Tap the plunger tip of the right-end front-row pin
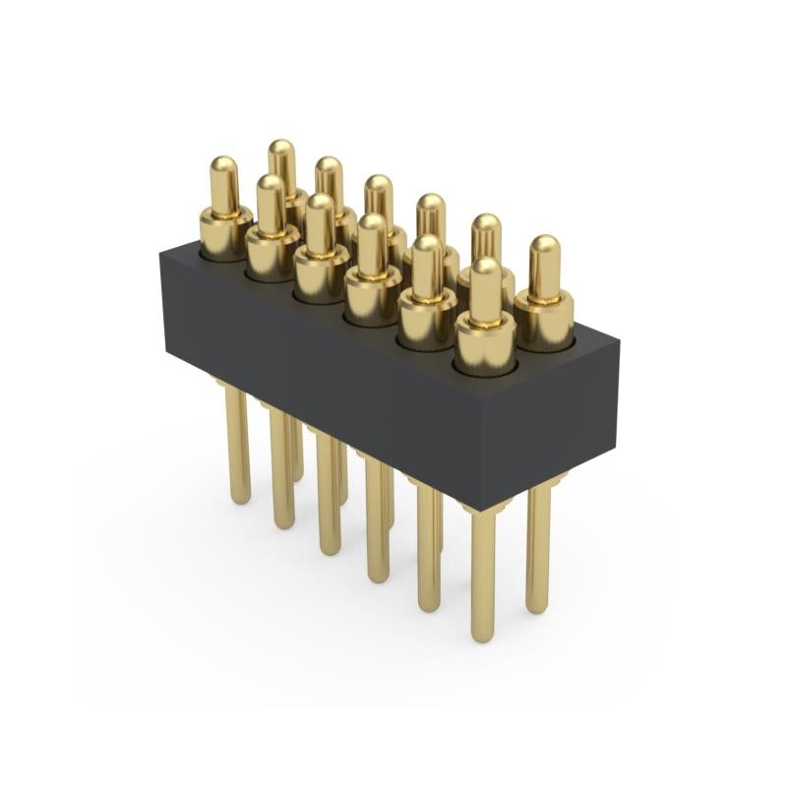(484, 271)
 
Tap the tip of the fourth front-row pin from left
(372, 226)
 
